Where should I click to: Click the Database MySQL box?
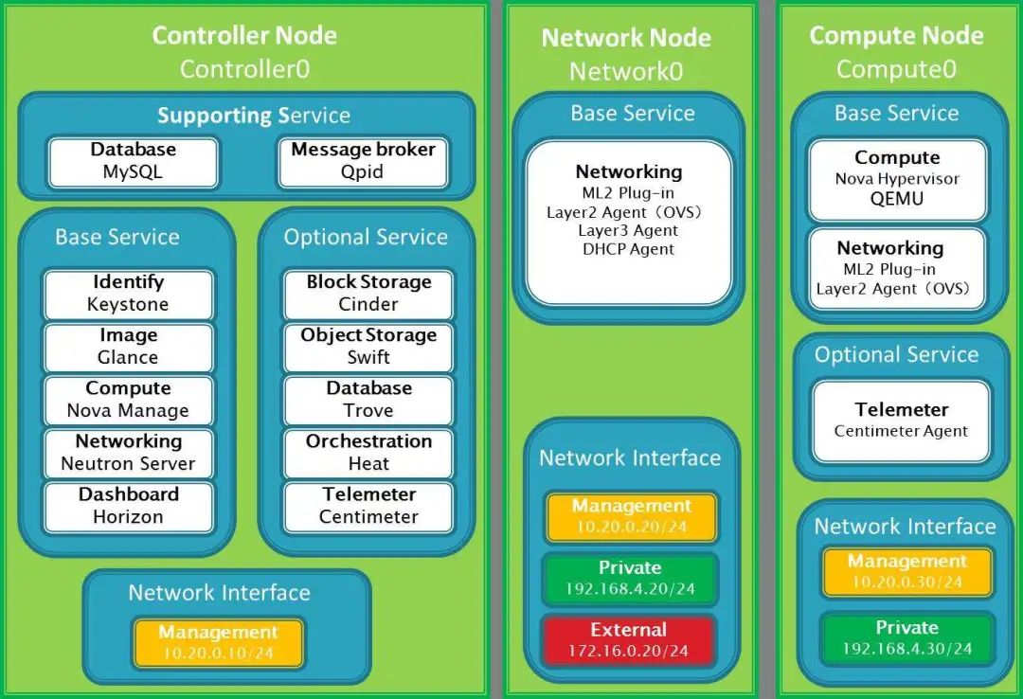[x=133, y=161]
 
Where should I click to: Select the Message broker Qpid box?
[x=363, y=161]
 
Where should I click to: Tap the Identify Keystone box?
[x=128, y=294]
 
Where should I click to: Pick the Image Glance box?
[x=128, y=347]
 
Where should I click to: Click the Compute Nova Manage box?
[x=128, y=400]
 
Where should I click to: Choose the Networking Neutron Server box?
[x=128, y=453]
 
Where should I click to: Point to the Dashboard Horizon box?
[x=128, y=506]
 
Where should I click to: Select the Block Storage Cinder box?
[x=368, y=294]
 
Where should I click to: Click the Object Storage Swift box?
[x=368, y=347]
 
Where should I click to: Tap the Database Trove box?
[x=368, y=400]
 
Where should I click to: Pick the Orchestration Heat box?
[x=368, y=453]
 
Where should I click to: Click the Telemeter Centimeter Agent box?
[x=901, y=421]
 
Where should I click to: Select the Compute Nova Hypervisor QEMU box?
[x=897, y=180]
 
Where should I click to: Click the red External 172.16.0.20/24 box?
[x=629, y=640]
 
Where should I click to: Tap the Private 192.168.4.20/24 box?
[x=629, y=578]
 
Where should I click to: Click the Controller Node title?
[x=244, y=36]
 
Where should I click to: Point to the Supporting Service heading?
[x=254, y=116]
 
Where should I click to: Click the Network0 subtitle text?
[x=625, y=72]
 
